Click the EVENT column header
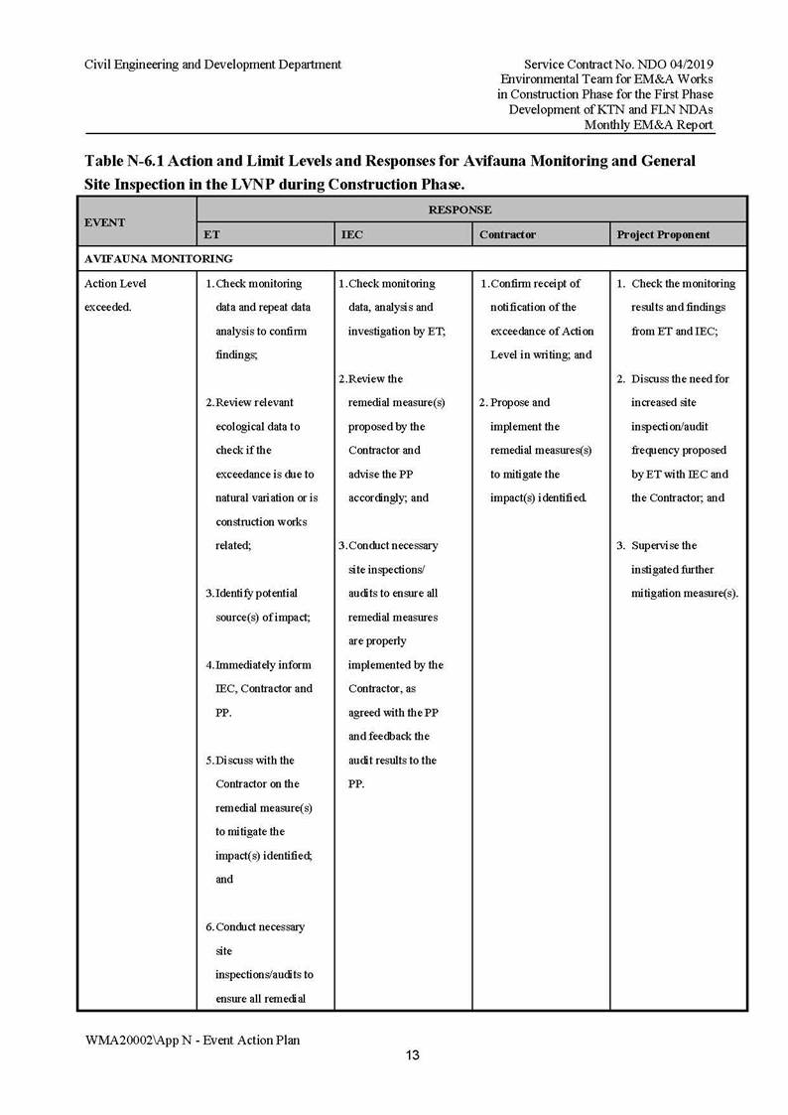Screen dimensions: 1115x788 [105, 222]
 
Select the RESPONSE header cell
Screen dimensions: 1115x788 [460, 209]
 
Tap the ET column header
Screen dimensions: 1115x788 [212, 234]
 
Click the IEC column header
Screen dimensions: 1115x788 [351, 234]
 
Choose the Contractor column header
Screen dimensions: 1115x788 [507, 234]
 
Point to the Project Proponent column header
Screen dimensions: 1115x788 [663, 234]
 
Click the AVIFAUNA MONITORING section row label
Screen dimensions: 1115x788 [159, 258]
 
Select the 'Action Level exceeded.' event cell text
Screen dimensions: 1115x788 [115, 295]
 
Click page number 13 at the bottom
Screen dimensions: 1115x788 [412, 1055]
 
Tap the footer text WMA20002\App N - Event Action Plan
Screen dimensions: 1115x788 [193, 1040]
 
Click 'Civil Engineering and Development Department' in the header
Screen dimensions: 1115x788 [213, 65]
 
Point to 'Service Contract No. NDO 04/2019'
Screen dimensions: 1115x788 [618, 65]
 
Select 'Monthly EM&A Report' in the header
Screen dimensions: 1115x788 [648, 125]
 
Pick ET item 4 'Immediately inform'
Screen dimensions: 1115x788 [263, 664]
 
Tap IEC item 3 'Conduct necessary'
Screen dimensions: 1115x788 [393, 545]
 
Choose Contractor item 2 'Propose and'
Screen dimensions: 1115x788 [519, 402]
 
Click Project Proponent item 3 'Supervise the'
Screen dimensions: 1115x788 [664, 545]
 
